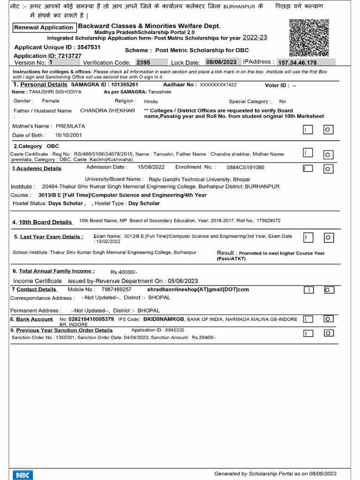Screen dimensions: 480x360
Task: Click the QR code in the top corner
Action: tap(309, 38)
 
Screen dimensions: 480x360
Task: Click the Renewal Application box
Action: tap(44, 28)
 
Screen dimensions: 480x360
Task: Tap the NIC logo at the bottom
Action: tap(22, 475)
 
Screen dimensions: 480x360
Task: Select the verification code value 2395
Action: tap(143, 62)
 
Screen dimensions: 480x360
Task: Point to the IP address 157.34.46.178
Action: tap(297, 62)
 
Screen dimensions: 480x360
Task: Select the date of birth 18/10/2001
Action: tap(68, 135)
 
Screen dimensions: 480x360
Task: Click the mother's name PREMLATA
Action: tap(70, 126)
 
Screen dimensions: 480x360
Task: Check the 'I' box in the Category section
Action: tap(308, 153)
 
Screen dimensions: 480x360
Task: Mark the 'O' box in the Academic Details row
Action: tap(329, 168)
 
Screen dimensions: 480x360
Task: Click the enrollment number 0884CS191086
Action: tap(245, 167)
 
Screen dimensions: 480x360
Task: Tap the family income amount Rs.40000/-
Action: tap(124, 271)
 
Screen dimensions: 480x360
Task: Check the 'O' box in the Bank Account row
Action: tap(329, 319)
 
